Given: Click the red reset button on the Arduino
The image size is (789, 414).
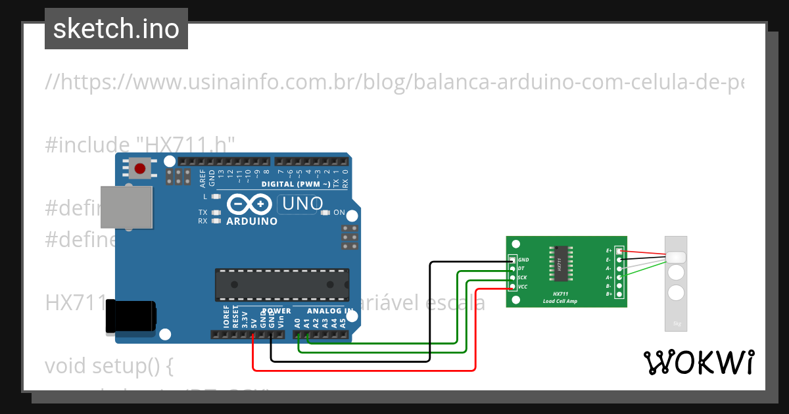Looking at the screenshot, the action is (x=139, y=169).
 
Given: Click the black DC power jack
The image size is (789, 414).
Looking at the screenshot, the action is (x=131, y=317).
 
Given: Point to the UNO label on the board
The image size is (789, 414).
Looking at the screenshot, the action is (x=302, y=204).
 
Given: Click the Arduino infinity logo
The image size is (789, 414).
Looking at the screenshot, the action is (x=249, y=205).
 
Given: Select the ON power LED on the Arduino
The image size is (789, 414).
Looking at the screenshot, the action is (x=325, y=212).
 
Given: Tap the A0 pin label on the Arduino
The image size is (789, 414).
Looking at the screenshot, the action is (x=298, y=322).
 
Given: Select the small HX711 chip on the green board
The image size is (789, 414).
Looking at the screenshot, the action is (x=560, y=266).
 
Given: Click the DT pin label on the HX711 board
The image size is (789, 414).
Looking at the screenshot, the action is (x=521, y=269).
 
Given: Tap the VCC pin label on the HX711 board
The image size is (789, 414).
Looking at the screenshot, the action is (x=523, y=287).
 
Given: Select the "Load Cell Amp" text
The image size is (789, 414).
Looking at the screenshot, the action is (x=560, y=301).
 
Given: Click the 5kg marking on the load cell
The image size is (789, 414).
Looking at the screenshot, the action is (x=676, y=323).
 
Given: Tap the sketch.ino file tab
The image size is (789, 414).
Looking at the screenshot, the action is (x=116, y=29).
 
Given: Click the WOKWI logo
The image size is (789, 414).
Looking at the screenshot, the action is (x=698, y=362).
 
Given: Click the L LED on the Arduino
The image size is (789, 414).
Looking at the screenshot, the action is (x=216, y=196).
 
